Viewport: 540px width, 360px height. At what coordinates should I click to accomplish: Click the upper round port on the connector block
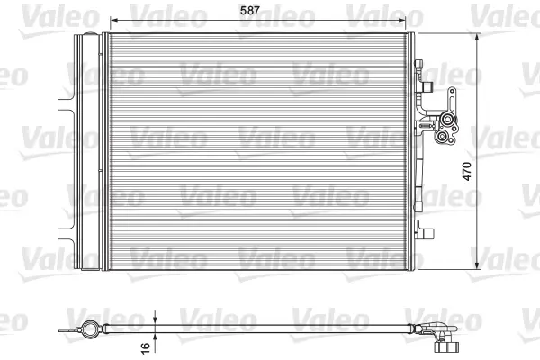click(447, 120)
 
